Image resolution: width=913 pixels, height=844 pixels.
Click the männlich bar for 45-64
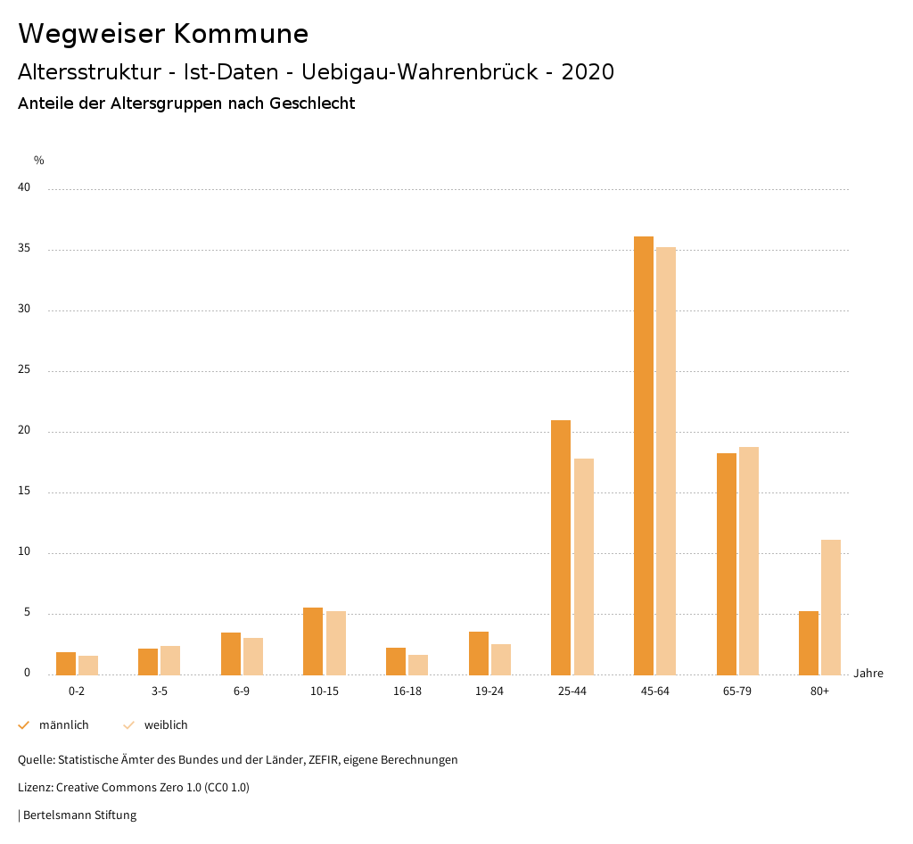pyautogui.click(x=644, y=455)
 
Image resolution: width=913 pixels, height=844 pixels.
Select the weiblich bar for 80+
pyautogui.click(x=831, y=607)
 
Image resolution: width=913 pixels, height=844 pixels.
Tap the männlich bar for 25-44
pyautogui.click(x=561, y=547)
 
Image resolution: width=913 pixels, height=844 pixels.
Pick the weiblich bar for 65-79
pyautogui.click(x=749, y=560)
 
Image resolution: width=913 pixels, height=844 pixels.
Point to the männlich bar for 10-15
pyautogui.click(x=313, y=641)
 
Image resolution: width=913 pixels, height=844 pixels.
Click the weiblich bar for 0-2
pyautogui.click(x=88, y=665)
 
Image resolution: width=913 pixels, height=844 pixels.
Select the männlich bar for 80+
pyautogui.click(x=809, y=642)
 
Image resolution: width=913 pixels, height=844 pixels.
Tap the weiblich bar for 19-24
pyautogui.click(x=501, y=659)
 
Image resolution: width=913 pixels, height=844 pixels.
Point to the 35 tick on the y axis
pyautogui.click(x=24, y=249)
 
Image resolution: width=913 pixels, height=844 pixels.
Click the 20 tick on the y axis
pyautogui.click(x=24, y=431)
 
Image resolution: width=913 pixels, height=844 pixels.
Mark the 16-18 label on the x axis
pyautogui.click(x=407, y=691)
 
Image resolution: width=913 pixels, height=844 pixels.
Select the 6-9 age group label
pyautogui.click(x=242, y=691)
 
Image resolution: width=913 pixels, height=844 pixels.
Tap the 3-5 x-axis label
pyautogui.click(x=160, y=691)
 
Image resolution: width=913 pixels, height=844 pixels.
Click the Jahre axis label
pyautogui.click(x=868, y=674)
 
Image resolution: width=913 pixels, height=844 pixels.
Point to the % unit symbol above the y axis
pyautogui.click(x=39, y=161)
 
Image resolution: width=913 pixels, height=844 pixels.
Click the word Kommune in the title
pyautogui.click(x=241, y=34)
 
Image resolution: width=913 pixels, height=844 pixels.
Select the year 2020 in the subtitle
pyautogui.click(x=588, y=72)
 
